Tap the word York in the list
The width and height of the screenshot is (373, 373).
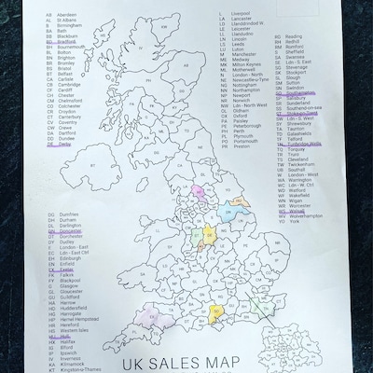[295, 248]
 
